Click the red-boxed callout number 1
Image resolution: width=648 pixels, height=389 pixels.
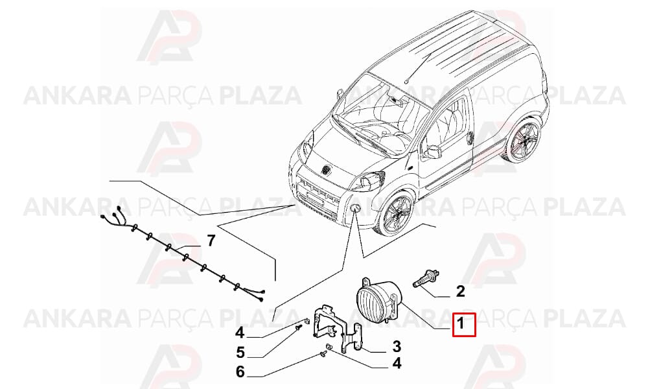click(460, 324)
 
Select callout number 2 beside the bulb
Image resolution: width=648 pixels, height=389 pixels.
click(460, 291)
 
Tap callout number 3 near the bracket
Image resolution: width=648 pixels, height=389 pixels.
click(397, 346)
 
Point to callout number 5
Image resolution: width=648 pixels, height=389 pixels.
click(240, 353)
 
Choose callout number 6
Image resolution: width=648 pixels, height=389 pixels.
click(240, 371)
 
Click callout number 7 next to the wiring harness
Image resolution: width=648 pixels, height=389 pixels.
click(211, 240)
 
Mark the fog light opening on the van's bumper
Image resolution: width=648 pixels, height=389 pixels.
click(355, 207)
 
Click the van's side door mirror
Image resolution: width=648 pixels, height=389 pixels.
click(431, 151)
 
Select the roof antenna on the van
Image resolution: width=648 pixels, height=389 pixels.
click(418, 68)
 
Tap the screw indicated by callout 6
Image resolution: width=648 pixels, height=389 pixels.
click(323, 353)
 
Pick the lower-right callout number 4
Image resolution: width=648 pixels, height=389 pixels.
click(397, 363)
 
